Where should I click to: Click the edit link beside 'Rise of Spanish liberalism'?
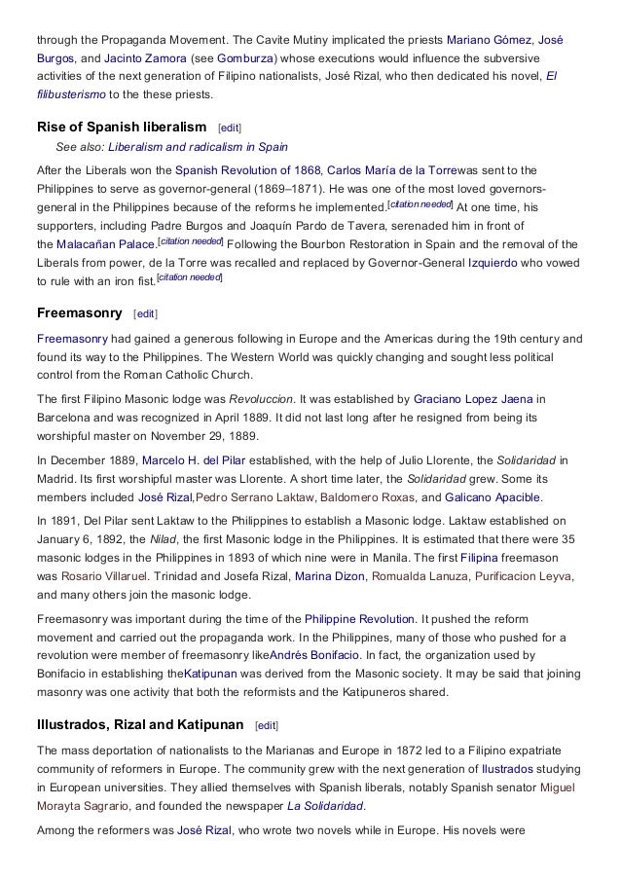230,128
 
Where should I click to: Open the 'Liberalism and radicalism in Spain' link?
198,147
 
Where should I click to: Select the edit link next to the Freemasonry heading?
144,314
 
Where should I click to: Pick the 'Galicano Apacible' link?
493,496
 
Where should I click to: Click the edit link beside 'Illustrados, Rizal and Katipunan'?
265,725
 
